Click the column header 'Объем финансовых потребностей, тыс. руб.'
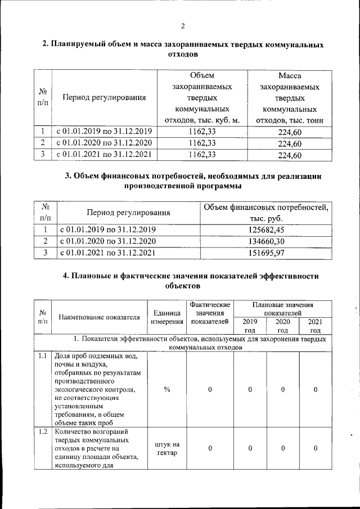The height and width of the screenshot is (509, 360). pos(266,213)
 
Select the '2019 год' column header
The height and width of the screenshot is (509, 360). pos(249,326)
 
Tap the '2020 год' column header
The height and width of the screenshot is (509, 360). pos(282,326)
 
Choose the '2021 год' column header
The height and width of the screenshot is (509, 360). pos(316,326)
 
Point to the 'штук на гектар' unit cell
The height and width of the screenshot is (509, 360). pos(167,448)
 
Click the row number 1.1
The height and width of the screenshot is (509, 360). pos(43,357)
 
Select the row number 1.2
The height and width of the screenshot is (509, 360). pos(43,431)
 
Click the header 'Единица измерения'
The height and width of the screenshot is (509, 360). pos(167,317)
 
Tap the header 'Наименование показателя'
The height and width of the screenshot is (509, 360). pos(99,317)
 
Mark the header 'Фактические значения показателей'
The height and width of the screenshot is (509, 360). pos(210,313)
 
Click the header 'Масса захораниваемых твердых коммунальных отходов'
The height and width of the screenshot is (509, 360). pos(290,98)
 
